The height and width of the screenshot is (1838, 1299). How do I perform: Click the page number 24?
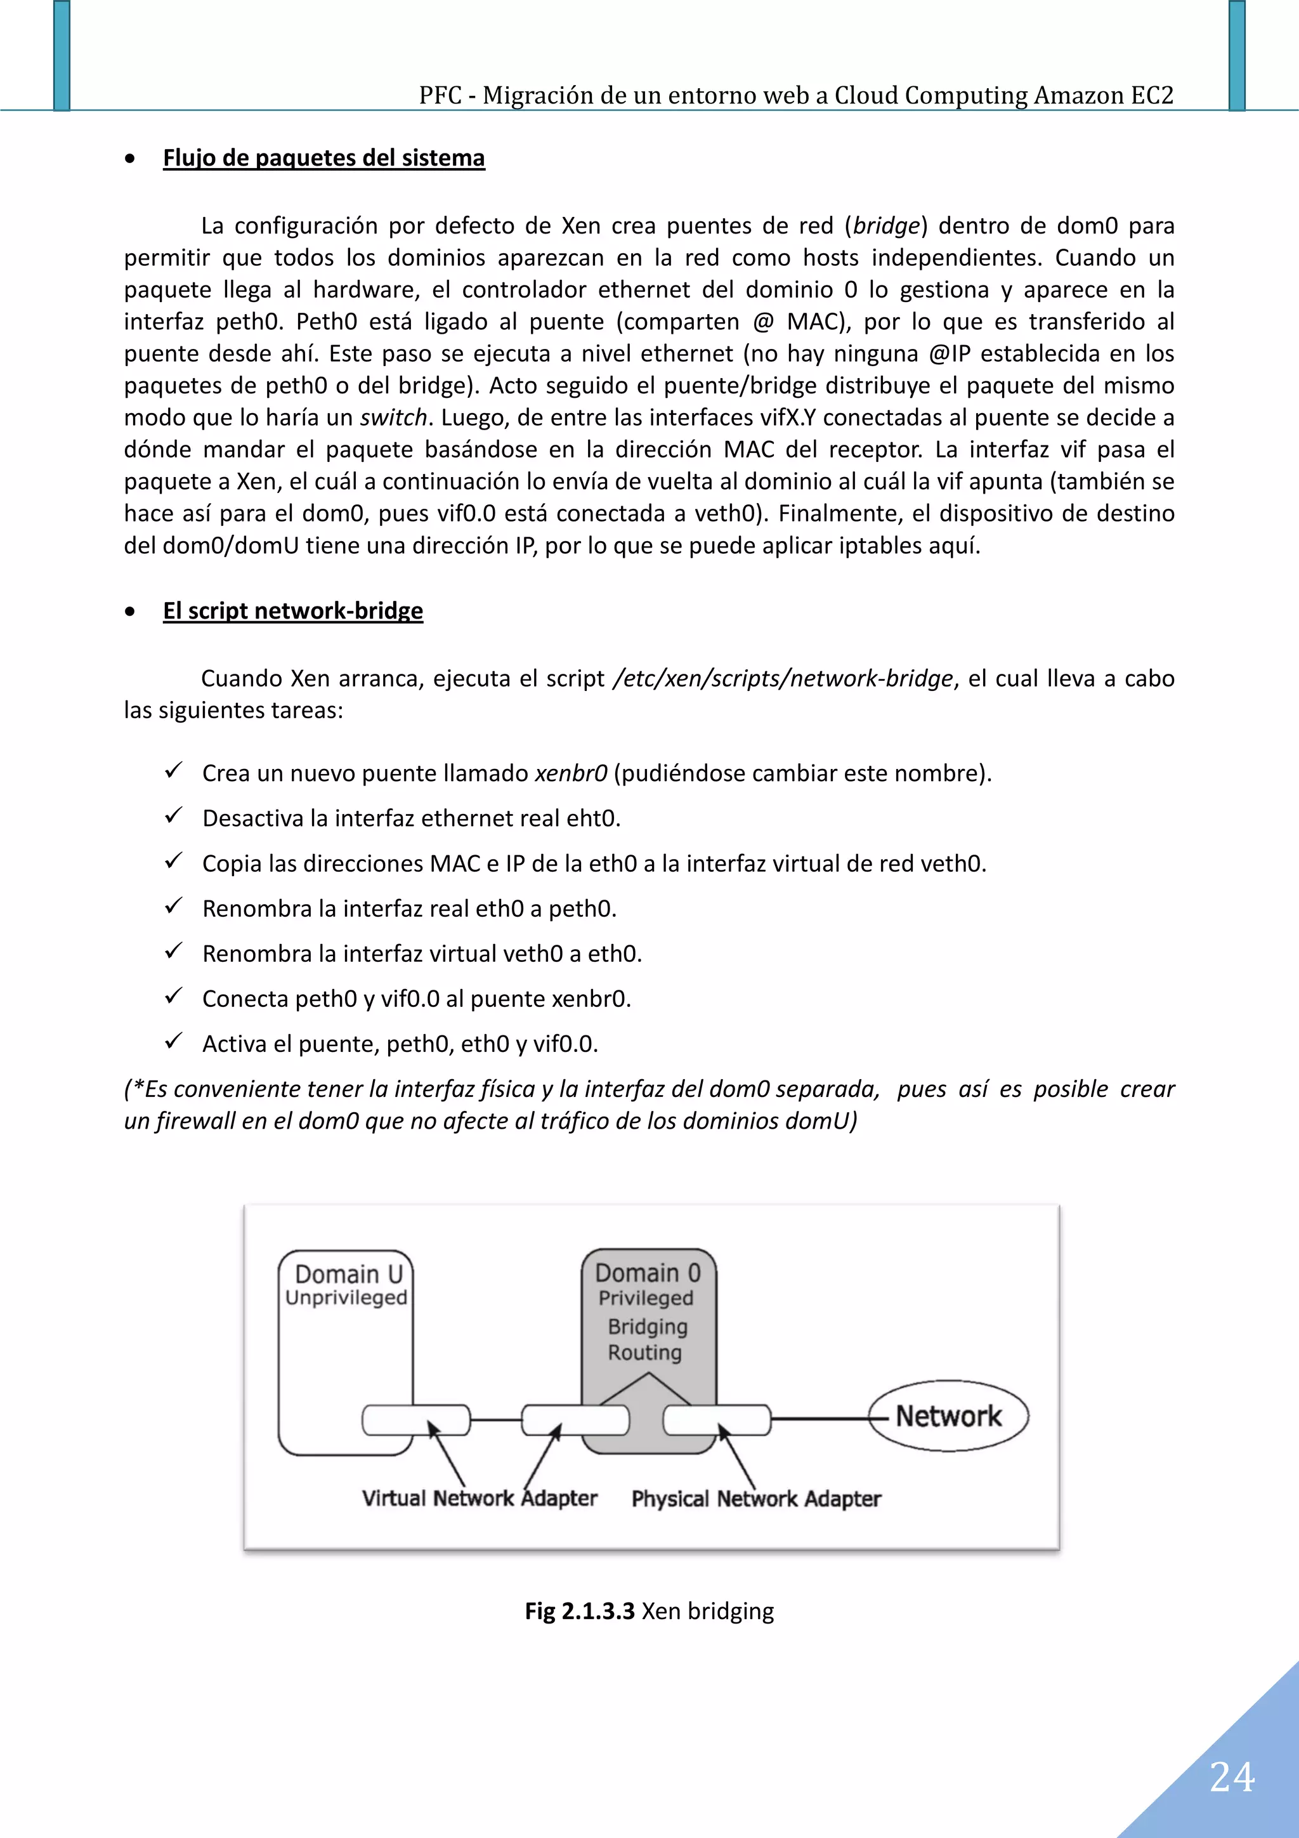tap(1231, 1777)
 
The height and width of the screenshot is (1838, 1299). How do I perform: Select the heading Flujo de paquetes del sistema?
tap(323, 158)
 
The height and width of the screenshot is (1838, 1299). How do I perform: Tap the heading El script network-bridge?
tap(293, 611)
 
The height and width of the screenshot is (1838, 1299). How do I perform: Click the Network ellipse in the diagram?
tap(948, 1416)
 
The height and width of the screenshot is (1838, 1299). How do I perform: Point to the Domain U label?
tap(348, 1273)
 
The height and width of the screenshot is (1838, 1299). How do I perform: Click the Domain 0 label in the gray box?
tap(648, 1273)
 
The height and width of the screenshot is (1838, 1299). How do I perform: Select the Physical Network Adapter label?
tap(755, 1499)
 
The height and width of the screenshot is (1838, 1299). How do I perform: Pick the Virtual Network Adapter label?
tap(480, 1499)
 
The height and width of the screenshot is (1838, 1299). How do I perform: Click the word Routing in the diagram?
tap(644, 1353)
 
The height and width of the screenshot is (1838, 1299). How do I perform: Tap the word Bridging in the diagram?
tap(648, 1327)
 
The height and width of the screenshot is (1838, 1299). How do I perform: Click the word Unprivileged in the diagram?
tap(346, 1297)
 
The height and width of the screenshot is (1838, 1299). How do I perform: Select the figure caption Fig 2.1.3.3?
tap(580, 1611)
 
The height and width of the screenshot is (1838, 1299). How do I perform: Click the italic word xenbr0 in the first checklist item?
tap(571, 773)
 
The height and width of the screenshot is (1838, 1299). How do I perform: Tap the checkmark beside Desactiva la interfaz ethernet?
tap(174, 816)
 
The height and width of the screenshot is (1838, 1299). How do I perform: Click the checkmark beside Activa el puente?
tap(174, 1042)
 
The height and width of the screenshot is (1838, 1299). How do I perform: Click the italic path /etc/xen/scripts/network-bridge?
tap(782, 679)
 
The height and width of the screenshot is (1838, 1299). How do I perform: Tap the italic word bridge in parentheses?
tap(885, 226)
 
